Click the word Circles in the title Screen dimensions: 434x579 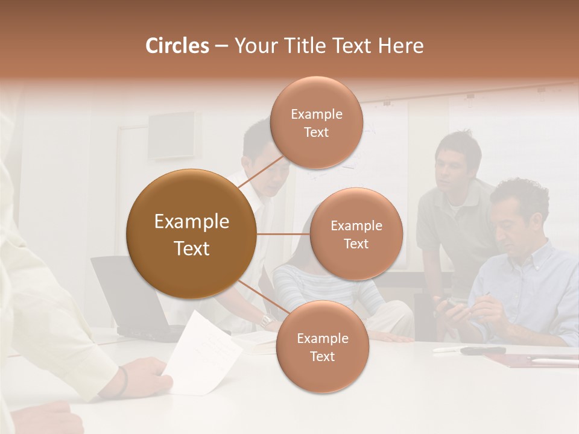tap(177, 46)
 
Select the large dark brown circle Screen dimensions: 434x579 tap(191, 234)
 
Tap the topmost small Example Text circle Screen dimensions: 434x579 tap(316, 122)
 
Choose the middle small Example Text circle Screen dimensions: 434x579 tap(356, 234)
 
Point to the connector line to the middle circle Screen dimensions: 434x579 tap(283, 234)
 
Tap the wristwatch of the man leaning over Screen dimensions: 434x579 tap(265, 320)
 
